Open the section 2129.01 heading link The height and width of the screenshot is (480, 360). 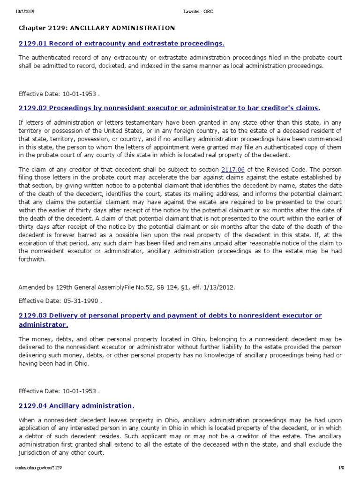pyautogui.click(x=121, y=44)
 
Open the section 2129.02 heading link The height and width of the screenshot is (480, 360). pyautogui.click(x=169, y=108)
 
